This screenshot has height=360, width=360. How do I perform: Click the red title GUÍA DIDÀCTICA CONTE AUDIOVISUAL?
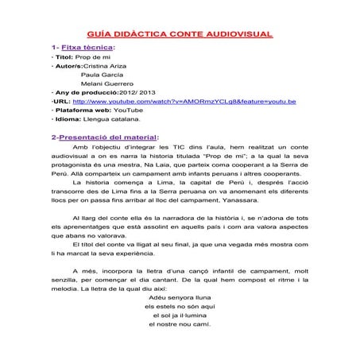click(x=179, y=34)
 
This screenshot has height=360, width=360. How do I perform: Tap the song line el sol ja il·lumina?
click(x=179, y=315)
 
